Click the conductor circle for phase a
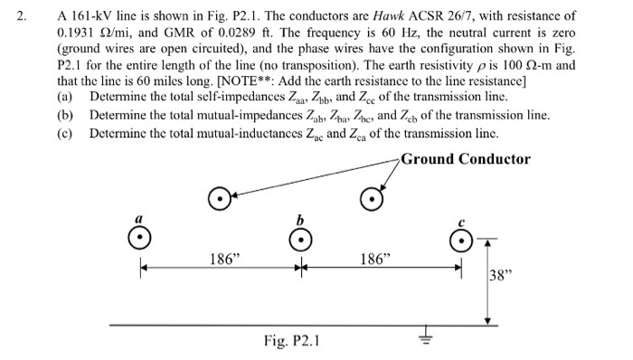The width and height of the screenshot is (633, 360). (x=137, y=238)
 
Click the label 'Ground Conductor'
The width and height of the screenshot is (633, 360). (x=465, y=159)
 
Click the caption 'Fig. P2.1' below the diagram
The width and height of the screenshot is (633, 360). (x=290, y=341)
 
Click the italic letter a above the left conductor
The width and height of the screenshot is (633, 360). (x=137, y=217)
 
